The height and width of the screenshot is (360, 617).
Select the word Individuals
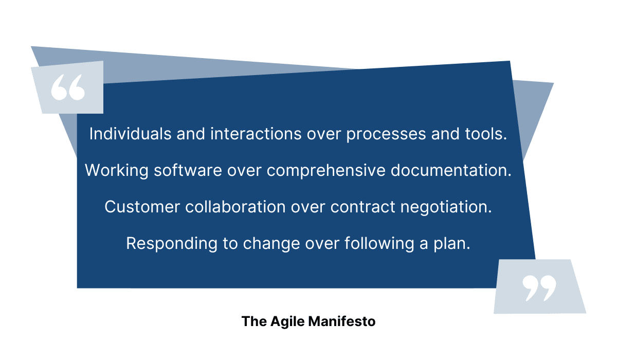coord(131,134)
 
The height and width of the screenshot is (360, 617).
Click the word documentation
coord(451,170)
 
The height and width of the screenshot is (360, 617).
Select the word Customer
coord(142,207)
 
